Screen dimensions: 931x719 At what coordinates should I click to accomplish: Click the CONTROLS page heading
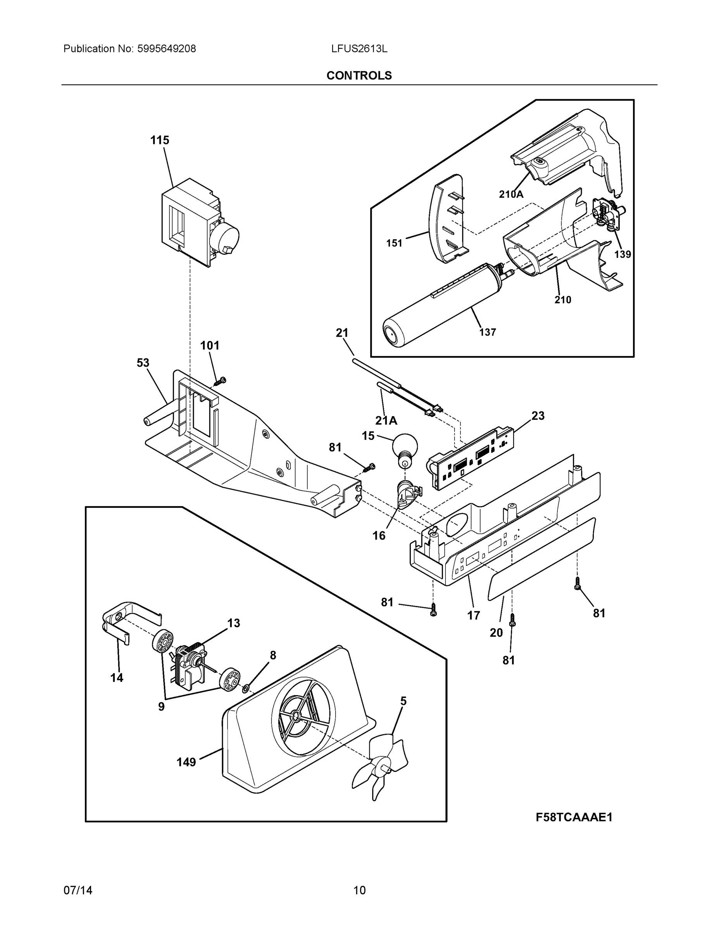point(359,76)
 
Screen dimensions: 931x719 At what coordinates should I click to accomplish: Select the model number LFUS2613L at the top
point(359,48)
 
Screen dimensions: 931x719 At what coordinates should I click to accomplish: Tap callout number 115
point(159,140)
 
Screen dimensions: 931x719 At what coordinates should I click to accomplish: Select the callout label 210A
point(511,194)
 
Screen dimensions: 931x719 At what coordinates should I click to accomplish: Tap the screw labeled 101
point(221,381)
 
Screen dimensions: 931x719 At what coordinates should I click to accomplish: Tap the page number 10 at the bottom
point(359,891)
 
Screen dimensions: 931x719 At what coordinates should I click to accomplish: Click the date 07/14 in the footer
point(78,891)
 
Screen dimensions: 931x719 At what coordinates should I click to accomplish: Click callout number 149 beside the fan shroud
point(186,762)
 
